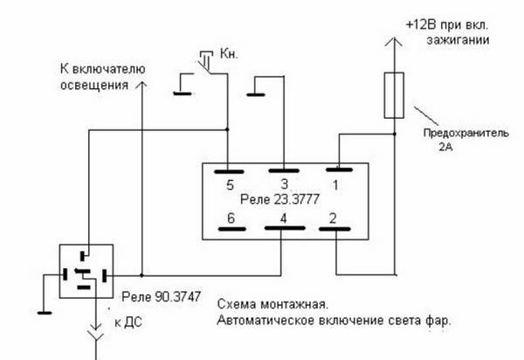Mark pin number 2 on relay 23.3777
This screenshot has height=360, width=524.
tap(332, 219)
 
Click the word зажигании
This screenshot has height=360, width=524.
tap(457, 40)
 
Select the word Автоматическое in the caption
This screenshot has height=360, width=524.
tap(274, 321)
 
